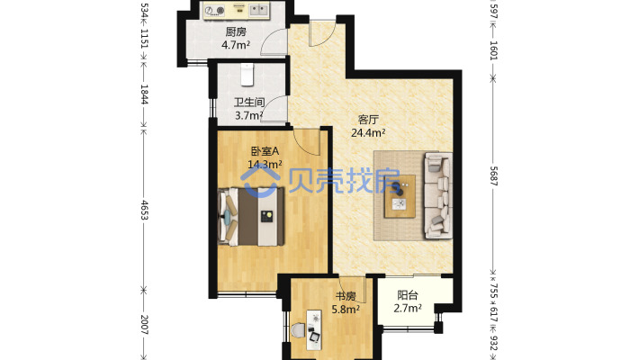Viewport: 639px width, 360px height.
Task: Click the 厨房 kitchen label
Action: click(236, 31)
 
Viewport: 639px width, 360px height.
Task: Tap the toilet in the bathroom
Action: click(247, 75)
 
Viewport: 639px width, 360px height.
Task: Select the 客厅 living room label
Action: click(368, 120)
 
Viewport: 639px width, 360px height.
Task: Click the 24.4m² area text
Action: click(368, 132)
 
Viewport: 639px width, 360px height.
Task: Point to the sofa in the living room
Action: click(438, 195)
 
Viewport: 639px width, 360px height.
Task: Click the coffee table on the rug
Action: click(400, 196)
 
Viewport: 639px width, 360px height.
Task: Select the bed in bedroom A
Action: click(251, 217)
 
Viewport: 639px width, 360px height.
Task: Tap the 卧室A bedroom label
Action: click(265, 151)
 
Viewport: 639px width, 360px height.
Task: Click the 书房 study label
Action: click(346, 296)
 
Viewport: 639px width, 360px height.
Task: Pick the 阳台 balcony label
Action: click(408, 295)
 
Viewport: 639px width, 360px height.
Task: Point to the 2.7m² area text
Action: click(408, 308)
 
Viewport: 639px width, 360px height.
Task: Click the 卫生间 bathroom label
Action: click(249, 103)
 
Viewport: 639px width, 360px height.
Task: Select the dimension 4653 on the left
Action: click(144, 210)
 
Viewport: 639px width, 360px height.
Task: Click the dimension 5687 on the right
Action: click(493, 176)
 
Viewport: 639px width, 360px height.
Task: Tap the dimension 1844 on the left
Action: click(144, 94)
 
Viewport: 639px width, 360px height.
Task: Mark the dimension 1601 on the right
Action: click(493, 50)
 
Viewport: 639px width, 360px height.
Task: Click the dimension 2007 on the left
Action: click(144, 325)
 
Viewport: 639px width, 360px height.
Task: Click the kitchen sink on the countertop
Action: click(259, 10)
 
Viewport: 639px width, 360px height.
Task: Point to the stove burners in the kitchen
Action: click(215, 10)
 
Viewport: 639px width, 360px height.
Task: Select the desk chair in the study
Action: click(299, 330)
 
